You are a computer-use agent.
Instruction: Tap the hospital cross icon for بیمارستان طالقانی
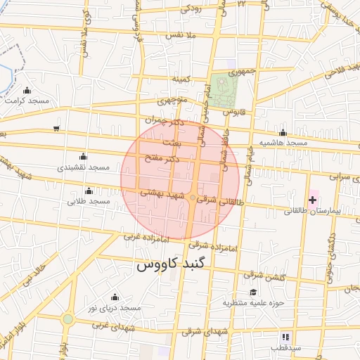(x=312, y=200)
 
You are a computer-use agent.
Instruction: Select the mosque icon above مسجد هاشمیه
(x=283, y=133)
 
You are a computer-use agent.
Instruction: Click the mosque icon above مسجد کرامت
(x=27, y=91)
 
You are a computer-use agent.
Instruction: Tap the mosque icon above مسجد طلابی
(x=89, y=191)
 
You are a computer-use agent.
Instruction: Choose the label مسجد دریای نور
(x=114, y=308)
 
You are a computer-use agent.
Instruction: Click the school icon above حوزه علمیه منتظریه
(x=252, y=292)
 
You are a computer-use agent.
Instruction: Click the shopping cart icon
(x=56, y=129)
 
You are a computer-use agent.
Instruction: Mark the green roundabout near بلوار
(x=67, y=319)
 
